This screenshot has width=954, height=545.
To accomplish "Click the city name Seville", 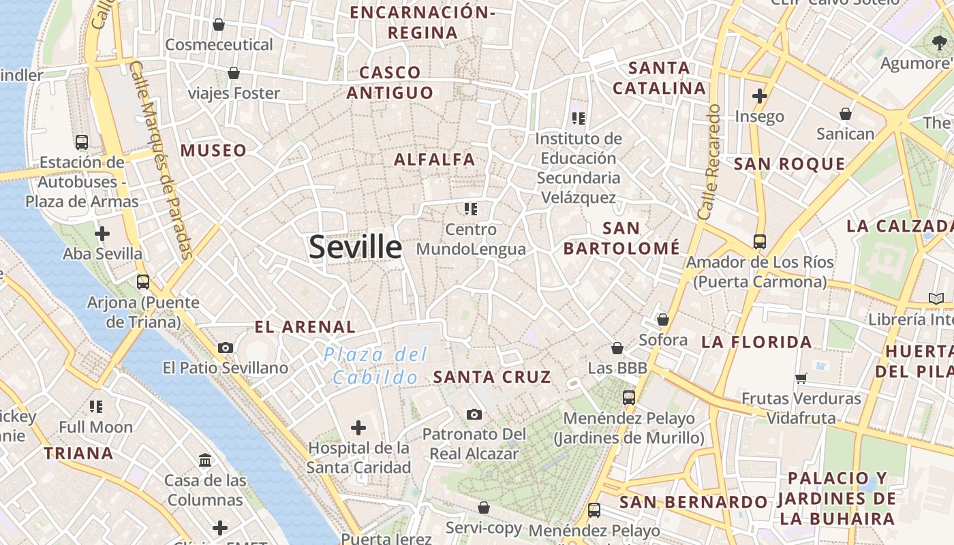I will click(355, 247).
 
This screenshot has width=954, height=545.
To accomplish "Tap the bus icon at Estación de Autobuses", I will click(82, 142).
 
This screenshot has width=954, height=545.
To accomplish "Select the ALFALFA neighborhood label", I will click(435, 159).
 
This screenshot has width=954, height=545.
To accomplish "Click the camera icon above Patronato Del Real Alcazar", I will click(474, 414).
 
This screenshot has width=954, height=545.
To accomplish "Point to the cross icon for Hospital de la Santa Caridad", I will click(358, 428).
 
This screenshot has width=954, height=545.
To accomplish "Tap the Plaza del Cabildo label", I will click(375, 366).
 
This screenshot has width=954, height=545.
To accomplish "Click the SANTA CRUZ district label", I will click(492, 377).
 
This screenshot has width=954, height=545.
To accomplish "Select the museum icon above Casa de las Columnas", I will click(205, 461).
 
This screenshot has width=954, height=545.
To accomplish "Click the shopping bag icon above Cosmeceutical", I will click(219, 25).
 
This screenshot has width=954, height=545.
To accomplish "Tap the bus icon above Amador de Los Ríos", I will click(759, 241).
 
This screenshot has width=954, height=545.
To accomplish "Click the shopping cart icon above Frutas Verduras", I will click(801, 378).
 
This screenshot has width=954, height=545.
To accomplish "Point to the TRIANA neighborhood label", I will click(78, 453).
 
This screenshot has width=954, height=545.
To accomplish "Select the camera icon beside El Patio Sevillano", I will click(226, 347).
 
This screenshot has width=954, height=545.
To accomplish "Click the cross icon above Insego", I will click(760, 96).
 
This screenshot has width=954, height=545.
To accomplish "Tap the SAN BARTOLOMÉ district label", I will click(621, 238).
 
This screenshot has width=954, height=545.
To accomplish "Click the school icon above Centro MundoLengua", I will click(471, 209).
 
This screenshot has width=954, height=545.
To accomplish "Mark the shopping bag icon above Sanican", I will click(846, 114).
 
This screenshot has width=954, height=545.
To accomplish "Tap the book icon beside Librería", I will click(936, 299).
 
